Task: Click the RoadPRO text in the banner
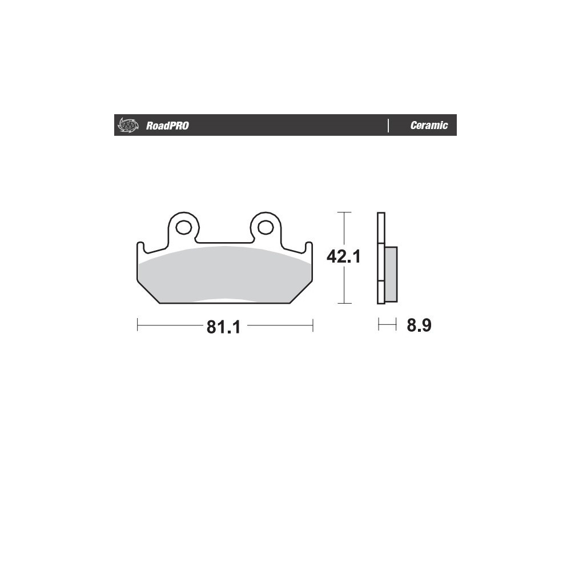click(167, 126)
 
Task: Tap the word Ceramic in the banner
click(429, 125)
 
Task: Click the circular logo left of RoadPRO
click(128, 125)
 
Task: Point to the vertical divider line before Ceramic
click(388, 125)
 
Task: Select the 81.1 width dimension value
click(224, 327)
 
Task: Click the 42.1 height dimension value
click(343, 256)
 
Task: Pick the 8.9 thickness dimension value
click(419, 325)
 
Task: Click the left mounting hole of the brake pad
click(183, 228)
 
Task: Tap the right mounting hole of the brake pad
click(266, 228)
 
